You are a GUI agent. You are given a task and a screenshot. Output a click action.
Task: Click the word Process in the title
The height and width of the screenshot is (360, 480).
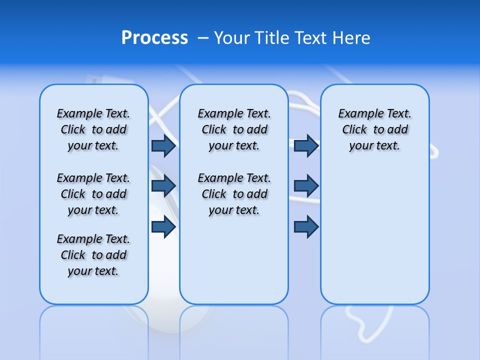pos(154,37)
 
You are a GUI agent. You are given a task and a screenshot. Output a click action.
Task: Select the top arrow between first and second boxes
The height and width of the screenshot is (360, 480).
pos(163,145)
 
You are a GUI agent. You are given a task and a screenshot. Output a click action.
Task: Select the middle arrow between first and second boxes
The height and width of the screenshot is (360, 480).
pos(163,186)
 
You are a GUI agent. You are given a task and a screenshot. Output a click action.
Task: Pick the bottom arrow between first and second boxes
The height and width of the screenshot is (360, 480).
pos(163,227)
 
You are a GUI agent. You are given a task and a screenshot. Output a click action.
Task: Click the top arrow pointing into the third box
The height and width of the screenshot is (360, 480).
pos(306,145)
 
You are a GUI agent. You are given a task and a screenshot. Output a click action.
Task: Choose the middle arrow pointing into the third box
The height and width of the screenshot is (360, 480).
pos(306,186)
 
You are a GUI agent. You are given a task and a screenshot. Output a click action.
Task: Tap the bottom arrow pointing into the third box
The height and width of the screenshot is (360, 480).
pos(306,227)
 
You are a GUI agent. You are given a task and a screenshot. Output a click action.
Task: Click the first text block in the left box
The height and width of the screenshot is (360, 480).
pos(93,129)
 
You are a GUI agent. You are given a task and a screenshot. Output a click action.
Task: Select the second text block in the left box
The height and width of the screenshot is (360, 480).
pos(93,194)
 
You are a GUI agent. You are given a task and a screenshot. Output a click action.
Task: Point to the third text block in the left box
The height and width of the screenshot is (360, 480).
pos(93,255)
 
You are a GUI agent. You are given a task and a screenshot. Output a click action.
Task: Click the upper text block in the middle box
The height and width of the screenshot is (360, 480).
pos(234,129)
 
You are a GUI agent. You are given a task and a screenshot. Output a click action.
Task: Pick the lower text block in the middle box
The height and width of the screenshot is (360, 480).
pos(234,194)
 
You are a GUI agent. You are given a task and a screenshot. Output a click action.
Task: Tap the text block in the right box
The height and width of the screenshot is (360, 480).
pos(374,129)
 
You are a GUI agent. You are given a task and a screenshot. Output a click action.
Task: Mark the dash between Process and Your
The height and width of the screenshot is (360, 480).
pos(203,38)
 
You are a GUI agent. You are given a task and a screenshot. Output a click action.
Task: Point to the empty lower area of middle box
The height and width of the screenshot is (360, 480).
pos(234,260)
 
